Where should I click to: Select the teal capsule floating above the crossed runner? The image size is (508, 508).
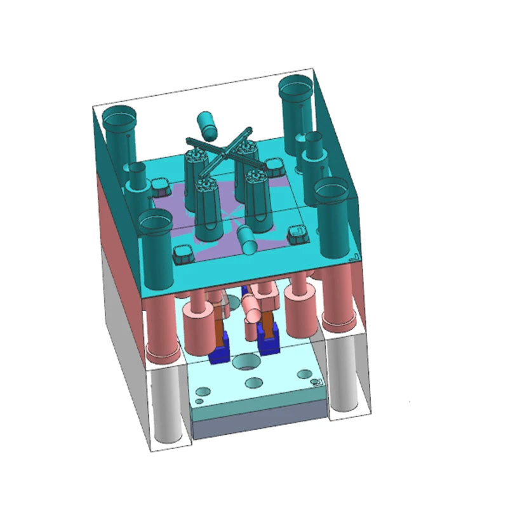coord(207,124)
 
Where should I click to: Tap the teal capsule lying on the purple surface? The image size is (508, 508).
coord(248,239)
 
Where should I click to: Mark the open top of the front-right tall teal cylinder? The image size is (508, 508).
coord(333,188)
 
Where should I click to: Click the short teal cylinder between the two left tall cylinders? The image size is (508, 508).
coord(137,178)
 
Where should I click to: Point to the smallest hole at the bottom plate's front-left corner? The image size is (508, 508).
coord(199,401)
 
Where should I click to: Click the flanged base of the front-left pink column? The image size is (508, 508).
coord(161,351)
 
